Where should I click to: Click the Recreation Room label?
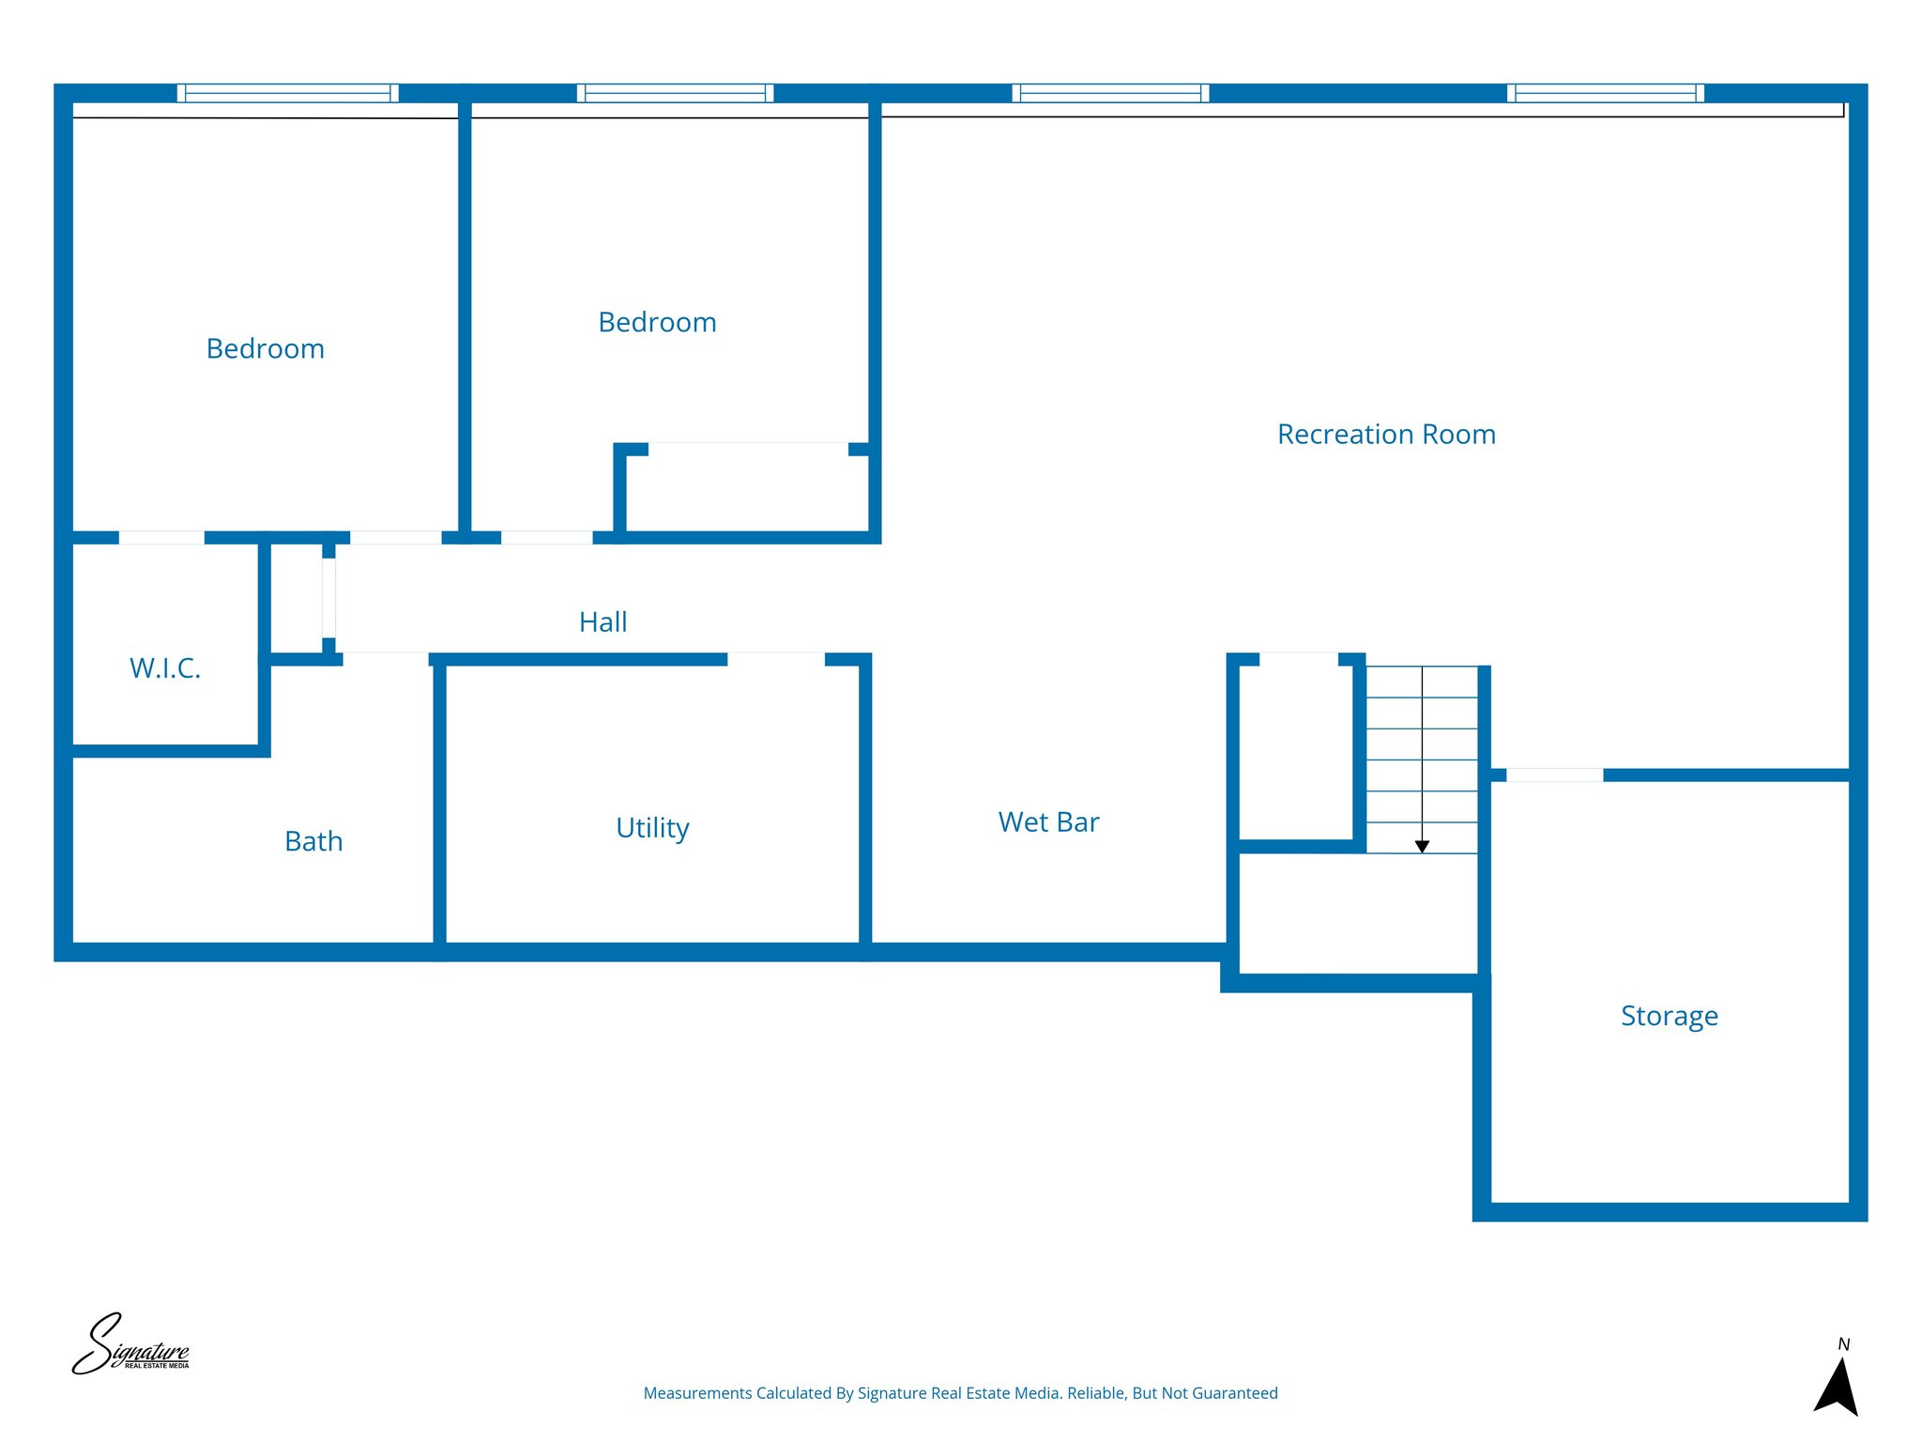tap(1386, 434)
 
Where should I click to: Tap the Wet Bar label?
tap(1048, 821)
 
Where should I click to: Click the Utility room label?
tap(652, 827)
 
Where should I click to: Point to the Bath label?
tap(313, 840)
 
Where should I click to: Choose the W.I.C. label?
tap(165, 667)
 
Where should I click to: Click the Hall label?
tap(603, 621)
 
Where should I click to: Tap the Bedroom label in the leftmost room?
tap(265, 348)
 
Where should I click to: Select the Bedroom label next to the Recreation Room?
tap(657, 322)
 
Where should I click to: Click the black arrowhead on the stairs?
tap(1422, 846)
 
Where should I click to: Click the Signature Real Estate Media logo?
tap(130, 1345)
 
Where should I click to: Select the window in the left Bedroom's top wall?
tap(287, 93)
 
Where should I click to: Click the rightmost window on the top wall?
tap(1605, 93)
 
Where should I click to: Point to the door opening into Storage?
tap(1554, 775)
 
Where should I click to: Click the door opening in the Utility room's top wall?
tap(775, 659)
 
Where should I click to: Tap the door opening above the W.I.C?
tap(161, 538)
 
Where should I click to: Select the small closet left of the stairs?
tap(1295, 751)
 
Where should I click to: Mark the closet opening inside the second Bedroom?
tap(748, 449)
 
